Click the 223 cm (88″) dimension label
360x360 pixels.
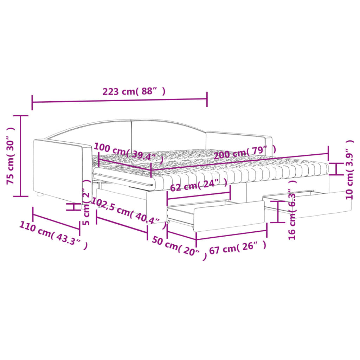pyautogui.click(x=134, y=91)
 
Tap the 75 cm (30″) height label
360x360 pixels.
pyautogui.click(x=11, y=156)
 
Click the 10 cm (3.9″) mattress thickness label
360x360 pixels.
pyautogui.click(x=350, y=170)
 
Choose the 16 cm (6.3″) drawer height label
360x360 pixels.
pyautogui.click(x=292, y=209)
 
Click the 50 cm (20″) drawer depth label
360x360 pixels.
pyautogui.click(x=179, y=248)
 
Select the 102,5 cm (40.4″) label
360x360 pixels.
pyautogui.click(x=129, y=213)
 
